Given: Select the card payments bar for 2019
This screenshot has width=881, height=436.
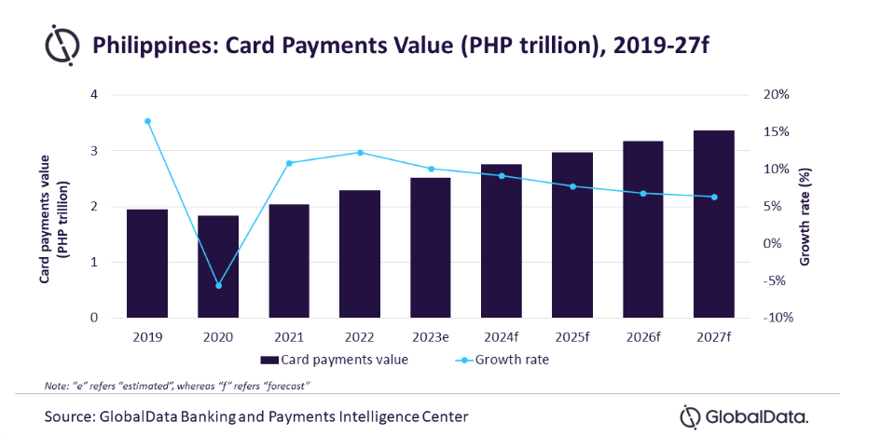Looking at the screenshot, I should click(x=147, y=264).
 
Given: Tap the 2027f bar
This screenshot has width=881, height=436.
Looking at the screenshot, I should click(x=715, y=225).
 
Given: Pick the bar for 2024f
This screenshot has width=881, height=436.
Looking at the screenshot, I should click(x=502, y=241).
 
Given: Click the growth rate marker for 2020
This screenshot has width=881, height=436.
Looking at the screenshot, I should click(x=219, y=285).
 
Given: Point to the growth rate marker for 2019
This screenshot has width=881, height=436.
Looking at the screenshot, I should click(x=147, y=121).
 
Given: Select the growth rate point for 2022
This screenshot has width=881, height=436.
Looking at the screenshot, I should click(x=361, y=153).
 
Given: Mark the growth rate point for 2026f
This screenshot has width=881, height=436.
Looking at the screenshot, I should click(x=643, y=193).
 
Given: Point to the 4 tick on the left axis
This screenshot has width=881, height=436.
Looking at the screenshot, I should click(x=93, y=95).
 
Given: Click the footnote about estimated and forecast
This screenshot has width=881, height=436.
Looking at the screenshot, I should click(x=177, y=385).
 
